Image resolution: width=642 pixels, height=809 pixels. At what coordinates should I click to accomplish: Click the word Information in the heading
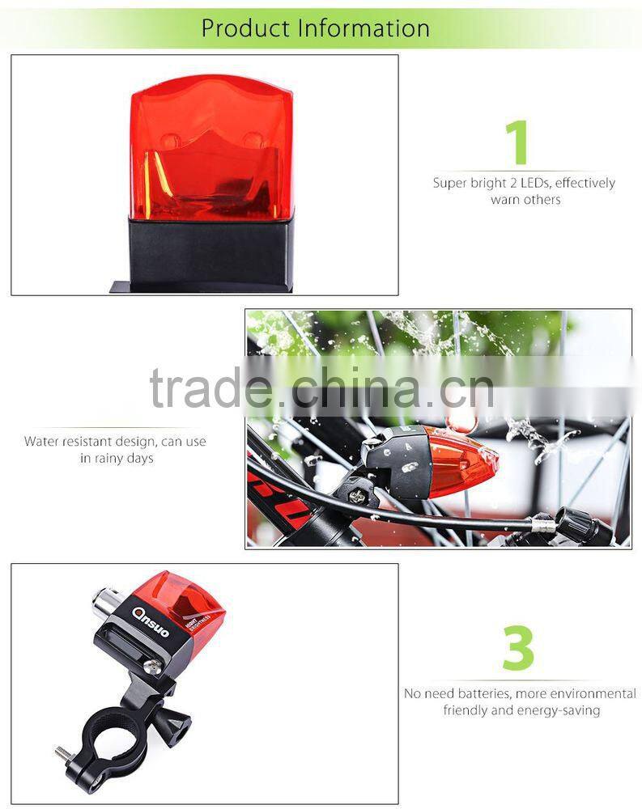coord(364,28)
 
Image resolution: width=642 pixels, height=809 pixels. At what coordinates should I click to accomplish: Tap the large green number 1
coord(517,142)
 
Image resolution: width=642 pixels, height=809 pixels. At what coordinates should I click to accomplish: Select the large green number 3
coord(518,647)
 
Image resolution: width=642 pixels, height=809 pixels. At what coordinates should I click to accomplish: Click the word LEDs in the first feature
coord(534,183)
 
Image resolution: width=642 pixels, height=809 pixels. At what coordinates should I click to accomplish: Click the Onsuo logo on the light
coord(151,621)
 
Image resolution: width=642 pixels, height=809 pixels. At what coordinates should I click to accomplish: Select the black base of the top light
coord(210,254)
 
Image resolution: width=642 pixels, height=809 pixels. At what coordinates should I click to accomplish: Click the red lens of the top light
coord(212,148)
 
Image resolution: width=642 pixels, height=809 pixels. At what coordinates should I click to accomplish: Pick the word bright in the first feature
coord(488,183)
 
